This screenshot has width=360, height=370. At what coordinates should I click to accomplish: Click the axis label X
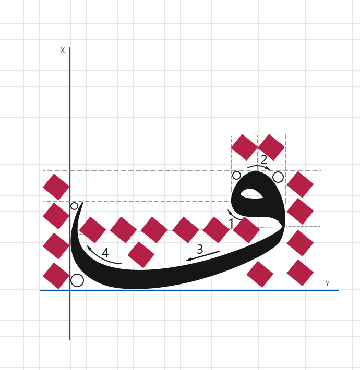click(63, 50)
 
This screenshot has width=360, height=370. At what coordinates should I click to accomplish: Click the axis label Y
click(327, 283)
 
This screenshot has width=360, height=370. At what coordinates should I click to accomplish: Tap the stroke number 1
click(231, 223)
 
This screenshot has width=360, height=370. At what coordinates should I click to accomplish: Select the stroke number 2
click(264, 160)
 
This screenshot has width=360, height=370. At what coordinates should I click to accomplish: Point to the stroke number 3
click(200, 249)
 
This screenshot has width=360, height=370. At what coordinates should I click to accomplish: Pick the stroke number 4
click(105, 253)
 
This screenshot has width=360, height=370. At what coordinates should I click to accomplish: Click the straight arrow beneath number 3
click(202, 256)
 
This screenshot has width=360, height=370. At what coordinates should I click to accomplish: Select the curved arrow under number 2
click(259, 166)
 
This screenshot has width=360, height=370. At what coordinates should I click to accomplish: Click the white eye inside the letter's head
click(251, 194)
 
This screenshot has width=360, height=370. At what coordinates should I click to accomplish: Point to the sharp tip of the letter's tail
click(83, 202)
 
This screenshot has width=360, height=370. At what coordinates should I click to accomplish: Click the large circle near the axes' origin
click(77, 280)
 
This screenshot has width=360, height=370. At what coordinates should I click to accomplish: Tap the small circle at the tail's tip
click(74, 206)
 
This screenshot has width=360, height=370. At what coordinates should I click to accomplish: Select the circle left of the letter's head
click(237, 176)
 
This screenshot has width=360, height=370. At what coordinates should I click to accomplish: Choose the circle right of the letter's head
click(278, 177)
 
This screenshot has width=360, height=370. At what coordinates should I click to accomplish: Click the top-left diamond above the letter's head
click(245, 147)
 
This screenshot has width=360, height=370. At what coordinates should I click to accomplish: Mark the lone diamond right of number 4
click(141, 255)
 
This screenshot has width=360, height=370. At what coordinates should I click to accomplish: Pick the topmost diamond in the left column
click(56, 187)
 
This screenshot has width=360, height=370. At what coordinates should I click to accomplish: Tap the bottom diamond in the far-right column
click(300, 273)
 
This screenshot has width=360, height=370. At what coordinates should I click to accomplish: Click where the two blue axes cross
click(69, 290)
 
